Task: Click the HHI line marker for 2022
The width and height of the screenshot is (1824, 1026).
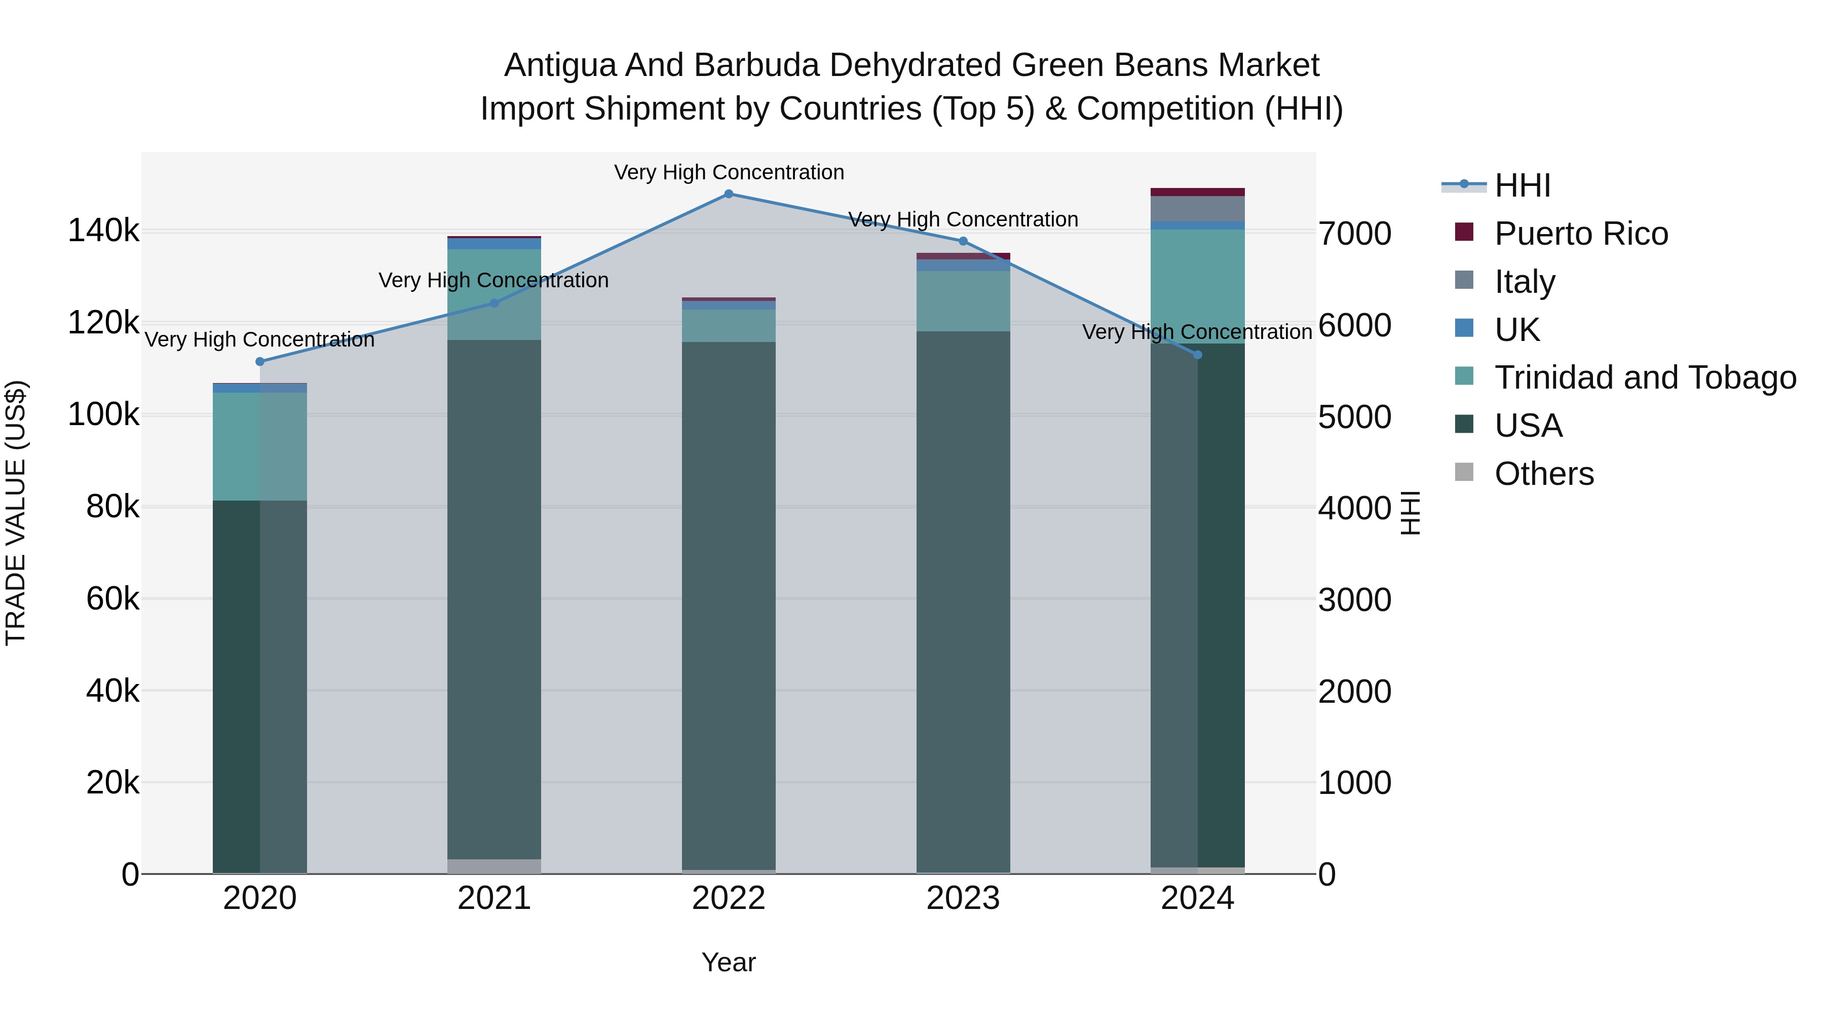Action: point(729,194)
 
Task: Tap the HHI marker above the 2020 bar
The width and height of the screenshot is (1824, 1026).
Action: point(260,362)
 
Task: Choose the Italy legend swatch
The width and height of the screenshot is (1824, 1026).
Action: point(1464,280)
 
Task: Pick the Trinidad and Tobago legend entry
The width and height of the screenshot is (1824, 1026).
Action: point(1644,377)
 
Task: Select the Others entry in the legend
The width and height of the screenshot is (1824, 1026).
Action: point(1544,474)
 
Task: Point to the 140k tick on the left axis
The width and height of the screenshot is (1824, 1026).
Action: point(103,231)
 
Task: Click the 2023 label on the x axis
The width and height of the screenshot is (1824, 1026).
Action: point(963,898)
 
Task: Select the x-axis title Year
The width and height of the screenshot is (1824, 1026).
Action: point(729,963)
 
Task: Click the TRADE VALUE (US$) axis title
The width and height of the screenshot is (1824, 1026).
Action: point(16,513)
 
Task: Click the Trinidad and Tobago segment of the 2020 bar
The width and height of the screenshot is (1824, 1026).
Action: point(260,446)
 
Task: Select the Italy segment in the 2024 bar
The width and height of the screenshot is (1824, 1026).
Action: point(1197,209)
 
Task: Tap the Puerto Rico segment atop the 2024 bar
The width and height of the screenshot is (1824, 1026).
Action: point(1197,192)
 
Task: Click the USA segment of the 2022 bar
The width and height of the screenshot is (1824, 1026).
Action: point(729,602)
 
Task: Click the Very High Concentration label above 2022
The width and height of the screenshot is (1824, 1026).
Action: point(729,173)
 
